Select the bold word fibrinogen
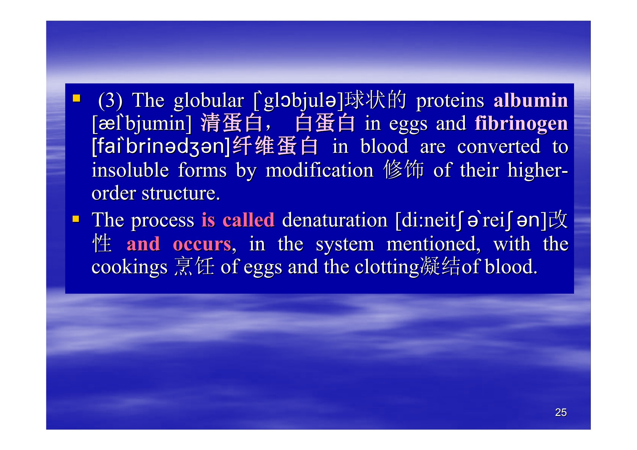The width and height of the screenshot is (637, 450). pyautogui.click(x=521, y=124)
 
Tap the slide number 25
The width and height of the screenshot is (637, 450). pyautogui.click(x=561, y=412)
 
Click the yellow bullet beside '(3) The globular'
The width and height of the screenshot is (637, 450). pyautogui.click(x=76, y=98)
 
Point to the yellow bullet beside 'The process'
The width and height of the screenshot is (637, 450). pyautogui.click(x=76, y=219)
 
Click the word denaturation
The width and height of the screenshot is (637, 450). pyautogui.click(x=335, y=220)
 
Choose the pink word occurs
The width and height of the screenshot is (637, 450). pyautogui.click(x=202, y=244)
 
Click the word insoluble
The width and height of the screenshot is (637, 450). pyautogui.click(x=130, y=170)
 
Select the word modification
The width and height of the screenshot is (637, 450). pyautogui.click(x=319, y=170)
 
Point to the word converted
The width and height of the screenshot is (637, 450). pyautogui.click(x=499, y=147)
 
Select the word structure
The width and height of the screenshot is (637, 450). pyautogui.click(x=181, y=194)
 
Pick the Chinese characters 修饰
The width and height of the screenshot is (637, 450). pyautogui.click(x=404, y=169)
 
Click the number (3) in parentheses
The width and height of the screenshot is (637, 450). pyautogui.click(x=110, y=101)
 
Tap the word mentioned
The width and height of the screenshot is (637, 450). pyautogui.click(x=434, y=244)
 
